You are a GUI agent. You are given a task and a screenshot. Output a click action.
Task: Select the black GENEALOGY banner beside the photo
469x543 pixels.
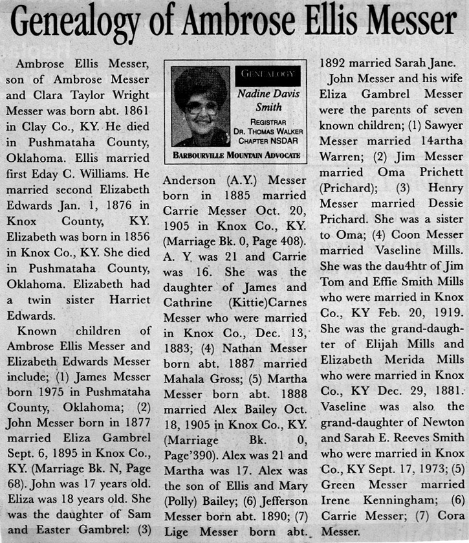coord(267,76)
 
